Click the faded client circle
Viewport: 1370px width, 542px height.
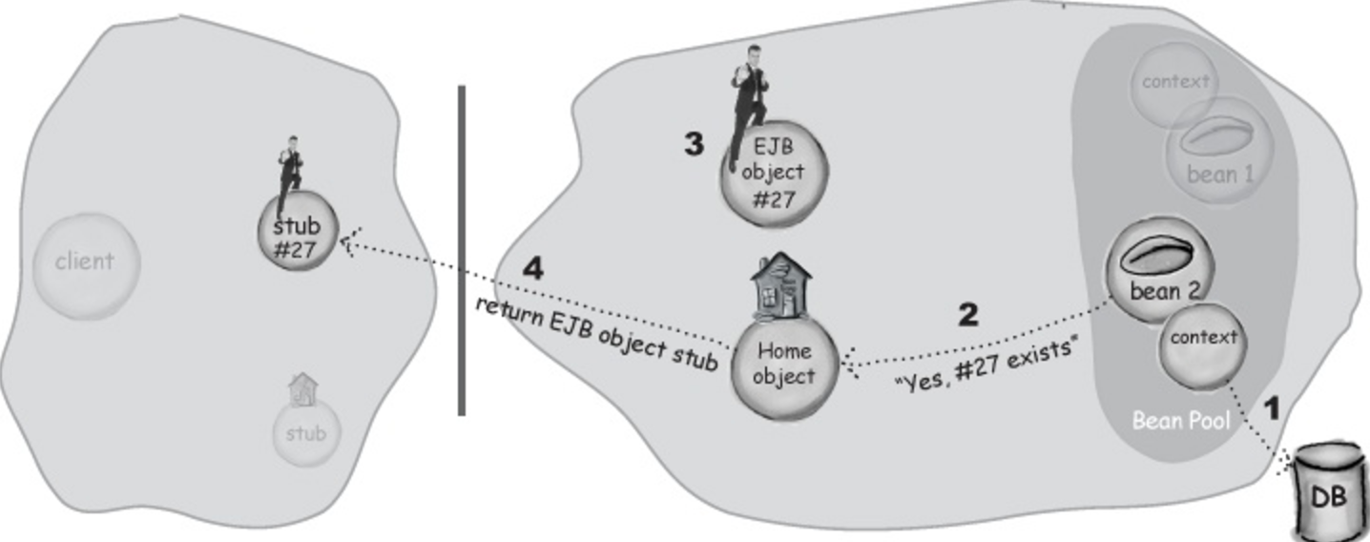(x=86, y=266)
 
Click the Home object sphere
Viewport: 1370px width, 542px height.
(x=783, y=368)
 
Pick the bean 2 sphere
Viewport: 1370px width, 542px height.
(x=1159, y=269)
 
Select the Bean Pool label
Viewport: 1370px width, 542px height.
(x=1180, y=420)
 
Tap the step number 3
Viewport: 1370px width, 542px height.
(x=694, y=144)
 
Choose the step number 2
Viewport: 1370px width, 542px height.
(x=967, y=315)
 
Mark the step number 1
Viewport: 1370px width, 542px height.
(x=1272, y=408)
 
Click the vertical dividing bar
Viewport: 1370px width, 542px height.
(x=462, y=251)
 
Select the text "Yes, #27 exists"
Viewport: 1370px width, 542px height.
(x=986, y=365)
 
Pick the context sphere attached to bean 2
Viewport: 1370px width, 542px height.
(x=1203, y=346)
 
